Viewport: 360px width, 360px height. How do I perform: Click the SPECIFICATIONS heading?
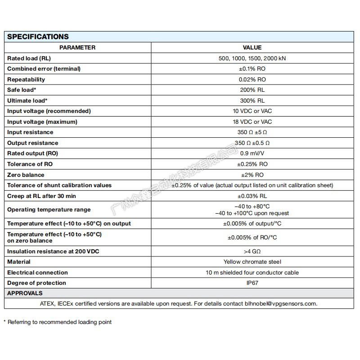pos(38,37)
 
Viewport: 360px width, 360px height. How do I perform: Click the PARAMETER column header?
pos(77,48)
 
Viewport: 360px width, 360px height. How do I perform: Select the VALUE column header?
pos(252,48)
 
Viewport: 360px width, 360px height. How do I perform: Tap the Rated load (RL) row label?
pos(29,58)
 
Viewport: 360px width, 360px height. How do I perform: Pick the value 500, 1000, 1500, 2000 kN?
pos(252,58)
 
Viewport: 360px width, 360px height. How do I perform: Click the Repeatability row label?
pos(26,80)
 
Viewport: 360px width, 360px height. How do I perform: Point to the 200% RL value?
pos(252,90)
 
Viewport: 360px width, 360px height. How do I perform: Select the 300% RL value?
pos(252,101)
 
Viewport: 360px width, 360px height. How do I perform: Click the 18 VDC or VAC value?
pos(252,122)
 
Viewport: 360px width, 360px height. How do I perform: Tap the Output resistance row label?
pos(32,143)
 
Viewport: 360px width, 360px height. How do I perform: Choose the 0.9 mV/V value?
pos(252,153)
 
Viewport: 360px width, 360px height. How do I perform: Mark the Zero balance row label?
pos(26,175)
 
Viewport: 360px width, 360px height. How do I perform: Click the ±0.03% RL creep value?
pos(252,196)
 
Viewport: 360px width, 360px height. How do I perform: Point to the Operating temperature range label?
pos(49,210)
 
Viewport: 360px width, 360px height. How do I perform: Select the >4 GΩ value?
pos(252,252)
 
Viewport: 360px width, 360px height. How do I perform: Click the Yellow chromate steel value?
pos(252,262)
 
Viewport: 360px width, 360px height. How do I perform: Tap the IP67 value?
pos(252,283)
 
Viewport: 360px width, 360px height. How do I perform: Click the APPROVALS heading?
pos(25,293)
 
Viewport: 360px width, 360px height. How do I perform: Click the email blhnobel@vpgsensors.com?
pos(279,304)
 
